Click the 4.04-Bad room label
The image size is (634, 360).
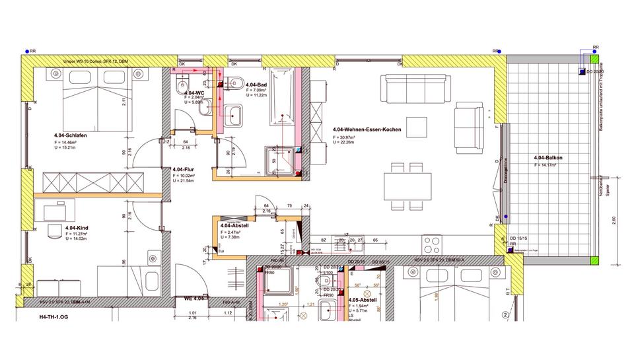click(256, 85)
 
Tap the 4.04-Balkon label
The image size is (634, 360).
click(548, 157)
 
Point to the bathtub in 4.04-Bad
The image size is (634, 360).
click(282, 100)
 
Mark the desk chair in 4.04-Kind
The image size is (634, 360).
click(52, 230)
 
